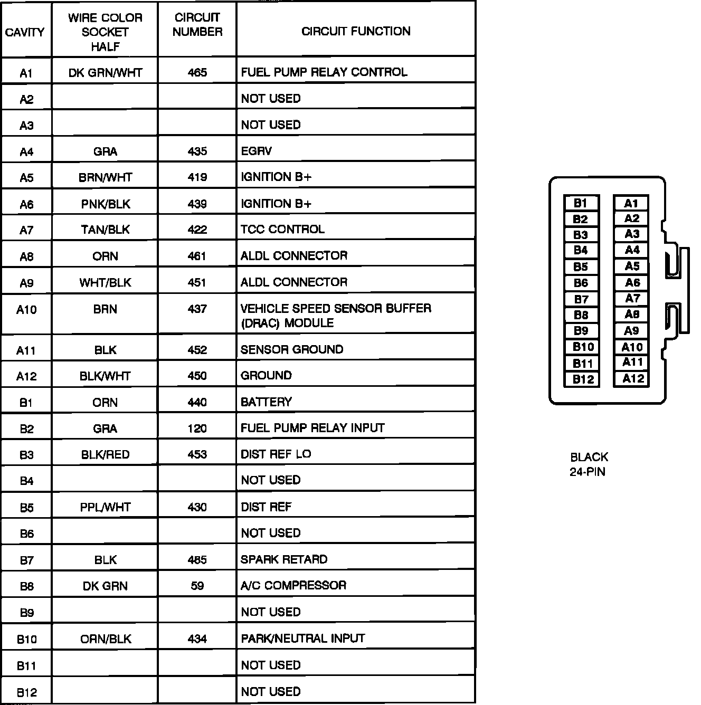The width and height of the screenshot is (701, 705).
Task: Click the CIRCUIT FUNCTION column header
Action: (x=356, y=31)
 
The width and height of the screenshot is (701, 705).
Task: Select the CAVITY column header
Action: (x=25, y=32)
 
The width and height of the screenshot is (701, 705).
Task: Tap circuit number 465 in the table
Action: (x=197, y=72)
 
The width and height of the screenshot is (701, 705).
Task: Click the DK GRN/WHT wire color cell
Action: (x=105, y=72)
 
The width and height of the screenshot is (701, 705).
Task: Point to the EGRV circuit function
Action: (x=256, y=151)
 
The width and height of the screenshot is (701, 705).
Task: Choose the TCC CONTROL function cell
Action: (x=282, y=229)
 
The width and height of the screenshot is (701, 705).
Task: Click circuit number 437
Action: (x=197, y=309)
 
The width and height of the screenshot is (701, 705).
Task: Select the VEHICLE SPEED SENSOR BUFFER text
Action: (x=336, y=308)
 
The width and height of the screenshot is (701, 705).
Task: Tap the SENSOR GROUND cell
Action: (x=291, y=349)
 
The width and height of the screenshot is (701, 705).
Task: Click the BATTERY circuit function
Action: (x=266, y=402)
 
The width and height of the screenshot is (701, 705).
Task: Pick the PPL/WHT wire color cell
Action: (x=105, y=507)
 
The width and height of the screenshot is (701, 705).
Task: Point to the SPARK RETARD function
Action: (x=284, y=559)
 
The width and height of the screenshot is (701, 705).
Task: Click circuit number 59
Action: (x=197, y=586)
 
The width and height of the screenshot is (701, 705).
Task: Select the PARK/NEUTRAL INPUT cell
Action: (x=302, y=639)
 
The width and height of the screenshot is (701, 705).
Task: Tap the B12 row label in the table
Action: (x=26, y=692)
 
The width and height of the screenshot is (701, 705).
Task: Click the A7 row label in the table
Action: (x=26, y=230)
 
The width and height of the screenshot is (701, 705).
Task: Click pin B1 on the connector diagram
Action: (x=581, y=203)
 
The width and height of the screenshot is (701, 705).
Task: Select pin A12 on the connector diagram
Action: (x=632, y=378)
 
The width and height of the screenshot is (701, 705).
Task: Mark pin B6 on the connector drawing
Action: (x=581, y=283)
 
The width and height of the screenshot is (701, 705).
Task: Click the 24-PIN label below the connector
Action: (x=587, y=472)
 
